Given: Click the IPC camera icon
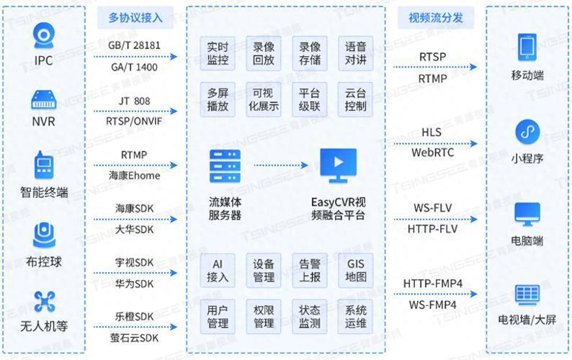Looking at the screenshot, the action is coord(44,36).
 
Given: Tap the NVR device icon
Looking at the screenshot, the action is coord(44,99).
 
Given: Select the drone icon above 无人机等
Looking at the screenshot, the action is coord(44,302).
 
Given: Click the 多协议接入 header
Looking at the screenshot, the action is coord(135,17).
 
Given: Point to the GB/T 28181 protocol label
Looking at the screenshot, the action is coord(134,45).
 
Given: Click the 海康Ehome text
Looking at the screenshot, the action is coord(134,176).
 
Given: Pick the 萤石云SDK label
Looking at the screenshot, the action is coord(134,338).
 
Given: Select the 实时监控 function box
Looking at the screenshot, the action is coord(218,53).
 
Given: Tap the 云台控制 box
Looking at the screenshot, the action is coord(355,99).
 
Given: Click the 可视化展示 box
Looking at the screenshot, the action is coord(264,99).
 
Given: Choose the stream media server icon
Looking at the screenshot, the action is coord(225,166).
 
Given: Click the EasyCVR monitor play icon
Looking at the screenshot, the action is coord(338,166).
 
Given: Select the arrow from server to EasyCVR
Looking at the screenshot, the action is coord(281,165).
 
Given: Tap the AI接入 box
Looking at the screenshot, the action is coord(218,270).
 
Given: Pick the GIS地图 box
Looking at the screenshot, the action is coord(355,270).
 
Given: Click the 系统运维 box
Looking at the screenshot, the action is coord(355,317).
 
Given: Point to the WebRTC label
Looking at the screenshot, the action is coord(433,153).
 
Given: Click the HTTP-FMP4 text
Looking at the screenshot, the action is coord(433,284).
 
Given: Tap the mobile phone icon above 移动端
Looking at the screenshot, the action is coord(527,47).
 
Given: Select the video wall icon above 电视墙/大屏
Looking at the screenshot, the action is coord(527,294).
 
